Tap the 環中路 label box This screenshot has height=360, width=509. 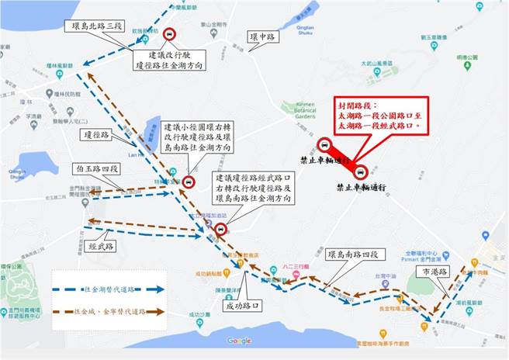[x=261, y=36]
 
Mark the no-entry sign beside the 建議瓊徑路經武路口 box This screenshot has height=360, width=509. [x=221, y=229]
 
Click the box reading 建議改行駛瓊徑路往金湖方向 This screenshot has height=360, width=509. [x=176, y=62]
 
